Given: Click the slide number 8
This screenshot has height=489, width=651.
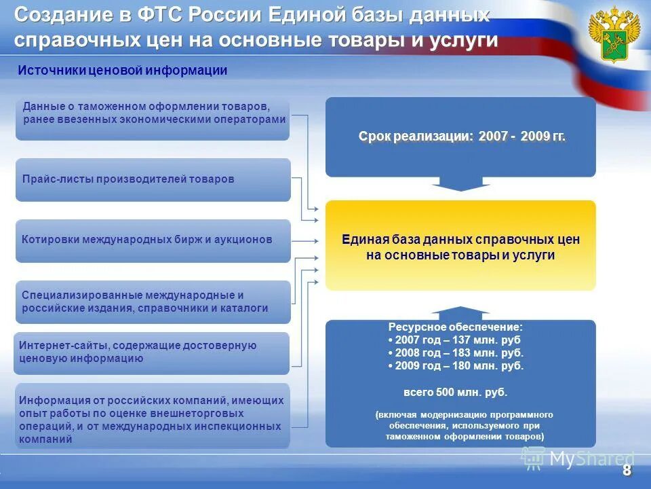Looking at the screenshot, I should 626,471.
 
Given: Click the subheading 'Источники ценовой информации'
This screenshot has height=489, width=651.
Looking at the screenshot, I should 122,71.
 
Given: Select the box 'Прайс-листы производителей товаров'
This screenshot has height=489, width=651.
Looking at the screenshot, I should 153,179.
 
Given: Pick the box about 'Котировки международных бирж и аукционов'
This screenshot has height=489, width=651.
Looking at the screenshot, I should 153,240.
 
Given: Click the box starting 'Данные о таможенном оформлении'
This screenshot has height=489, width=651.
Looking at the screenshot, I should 153,119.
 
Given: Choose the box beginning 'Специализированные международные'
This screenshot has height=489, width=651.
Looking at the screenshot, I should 153,302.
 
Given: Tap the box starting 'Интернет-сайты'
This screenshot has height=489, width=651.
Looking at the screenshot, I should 151,352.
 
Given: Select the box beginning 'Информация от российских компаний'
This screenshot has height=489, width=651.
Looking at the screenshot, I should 153,416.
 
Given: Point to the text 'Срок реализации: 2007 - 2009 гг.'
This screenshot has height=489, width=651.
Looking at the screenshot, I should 461,137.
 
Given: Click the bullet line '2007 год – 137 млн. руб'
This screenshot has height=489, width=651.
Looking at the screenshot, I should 456,340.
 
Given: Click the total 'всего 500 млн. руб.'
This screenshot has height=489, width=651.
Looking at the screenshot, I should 456,393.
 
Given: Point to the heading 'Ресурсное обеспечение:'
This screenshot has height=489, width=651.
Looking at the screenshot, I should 456,327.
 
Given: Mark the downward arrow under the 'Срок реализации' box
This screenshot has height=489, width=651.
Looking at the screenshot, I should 461,184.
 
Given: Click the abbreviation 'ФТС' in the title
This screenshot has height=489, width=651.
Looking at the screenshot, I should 161,15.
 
